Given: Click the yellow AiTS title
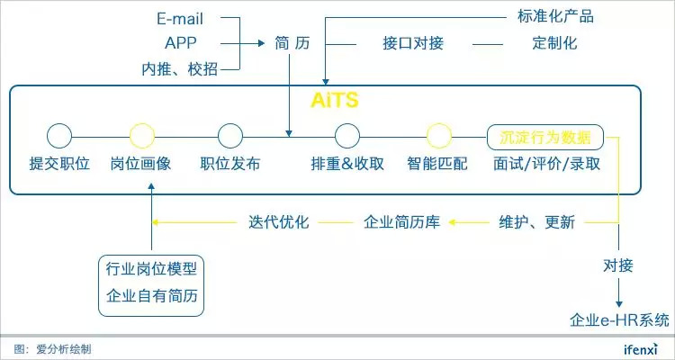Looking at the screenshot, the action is click(x=335, y=100).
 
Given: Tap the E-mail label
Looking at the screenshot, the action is click(x=180, y=19).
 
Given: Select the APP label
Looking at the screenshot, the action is click(x=180, y=43).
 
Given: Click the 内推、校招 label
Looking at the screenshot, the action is click(x=180, y=69).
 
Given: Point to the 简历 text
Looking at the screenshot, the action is click(x=292, y=43).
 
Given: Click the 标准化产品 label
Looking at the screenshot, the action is click(x=555, y=16).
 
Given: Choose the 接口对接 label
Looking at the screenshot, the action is click(x=413, y=43).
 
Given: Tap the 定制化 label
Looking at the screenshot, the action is click(x=554, y=43).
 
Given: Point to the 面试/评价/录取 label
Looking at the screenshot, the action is click(x=546, y=164).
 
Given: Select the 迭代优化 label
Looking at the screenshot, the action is click(x=279, y=222).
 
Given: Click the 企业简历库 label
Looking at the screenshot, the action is click(x=401, y=222).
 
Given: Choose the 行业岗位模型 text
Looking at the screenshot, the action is click(x=151, y=269).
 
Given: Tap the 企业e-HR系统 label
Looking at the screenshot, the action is click(x=619, y=320).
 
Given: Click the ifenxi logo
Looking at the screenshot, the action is click(x=641, y=348).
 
